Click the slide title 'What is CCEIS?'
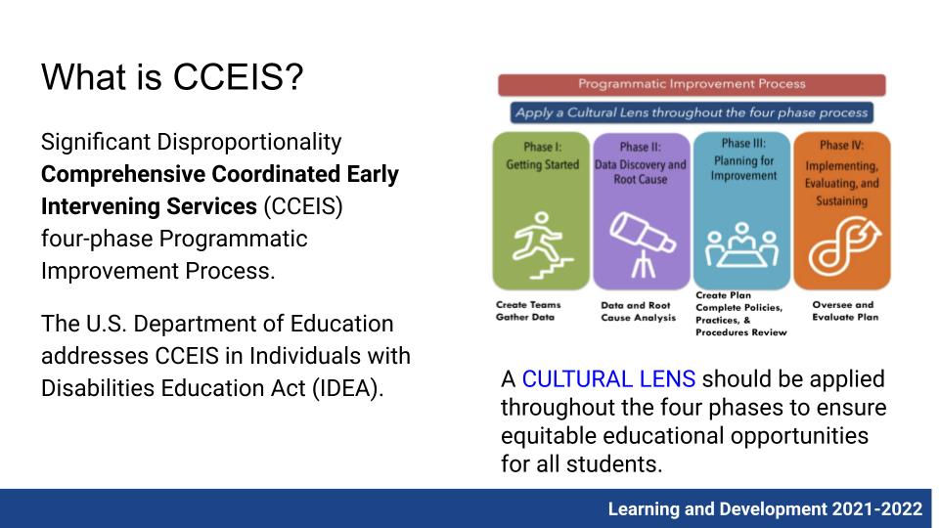coord(172,77)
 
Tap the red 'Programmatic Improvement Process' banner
coord(692,84)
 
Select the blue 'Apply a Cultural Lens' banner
coord(692,112)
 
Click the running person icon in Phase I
coord(542,244)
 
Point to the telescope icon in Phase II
coord(642,244)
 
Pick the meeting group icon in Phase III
coord(741,244)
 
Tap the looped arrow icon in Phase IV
coord(844,244)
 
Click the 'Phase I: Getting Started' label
coord(542,155)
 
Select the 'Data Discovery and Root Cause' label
coord(640,172)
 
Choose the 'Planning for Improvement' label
coord(743,168)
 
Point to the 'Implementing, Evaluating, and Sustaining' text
coord(841,183)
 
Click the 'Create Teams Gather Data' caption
coord(528,311)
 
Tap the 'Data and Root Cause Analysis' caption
coord(638,311)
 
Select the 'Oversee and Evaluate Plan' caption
coord(845,311)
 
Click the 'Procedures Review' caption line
coord(740,332)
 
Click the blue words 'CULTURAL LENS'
coord(608,379)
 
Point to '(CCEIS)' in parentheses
coord(303,206)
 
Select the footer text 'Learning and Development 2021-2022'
coord(765,508)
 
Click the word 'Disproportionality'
coord(249,143)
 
